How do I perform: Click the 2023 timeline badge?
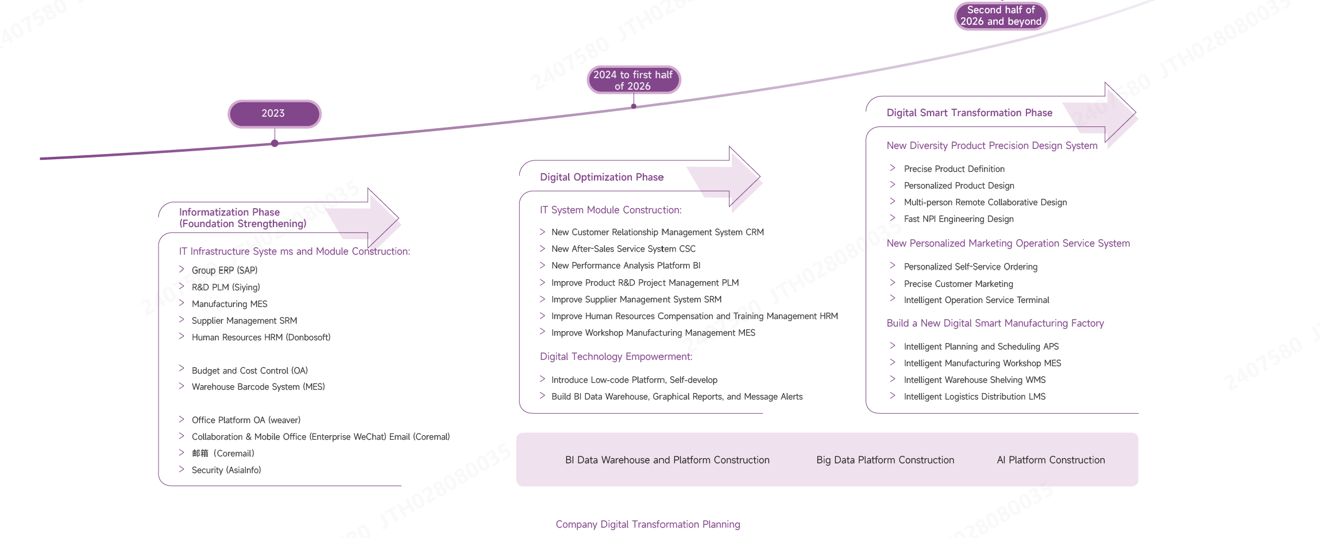coord(274,114)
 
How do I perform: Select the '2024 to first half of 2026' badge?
coord(633,80)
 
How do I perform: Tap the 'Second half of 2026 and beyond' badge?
coord(1001,16)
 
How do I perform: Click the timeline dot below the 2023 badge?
coord(275,143)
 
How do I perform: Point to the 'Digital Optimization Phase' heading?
coord(601,177)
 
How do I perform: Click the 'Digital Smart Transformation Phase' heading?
coord(969,113)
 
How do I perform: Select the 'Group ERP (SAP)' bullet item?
coord(224,270)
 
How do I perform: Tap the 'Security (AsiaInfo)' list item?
coord(226,470)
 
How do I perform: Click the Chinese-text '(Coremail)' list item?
coord(223,454)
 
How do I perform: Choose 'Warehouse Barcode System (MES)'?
coord(258,387)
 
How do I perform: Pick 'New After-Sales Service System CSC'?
coord(623,249)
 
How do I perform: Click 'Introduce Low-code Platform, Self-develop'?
coord(634,380)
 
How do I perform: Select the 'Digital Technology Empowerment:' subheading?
coord(616,356)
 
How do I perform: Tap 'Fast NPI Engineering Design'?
coord(958,219)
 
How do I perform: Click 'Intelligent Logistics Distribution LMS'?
coord(974,397)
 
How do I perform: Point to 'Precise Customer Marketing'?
coord(958,284)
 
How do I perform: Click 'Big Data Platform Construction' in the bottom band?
coord(885,460)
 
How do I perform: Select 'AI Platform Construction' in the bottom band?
coord(1051,460)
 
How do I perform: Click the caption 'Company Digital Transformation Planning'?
coord(647,524)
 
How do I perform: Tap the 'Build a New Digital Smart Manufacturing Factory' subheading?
coord(995,323)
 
